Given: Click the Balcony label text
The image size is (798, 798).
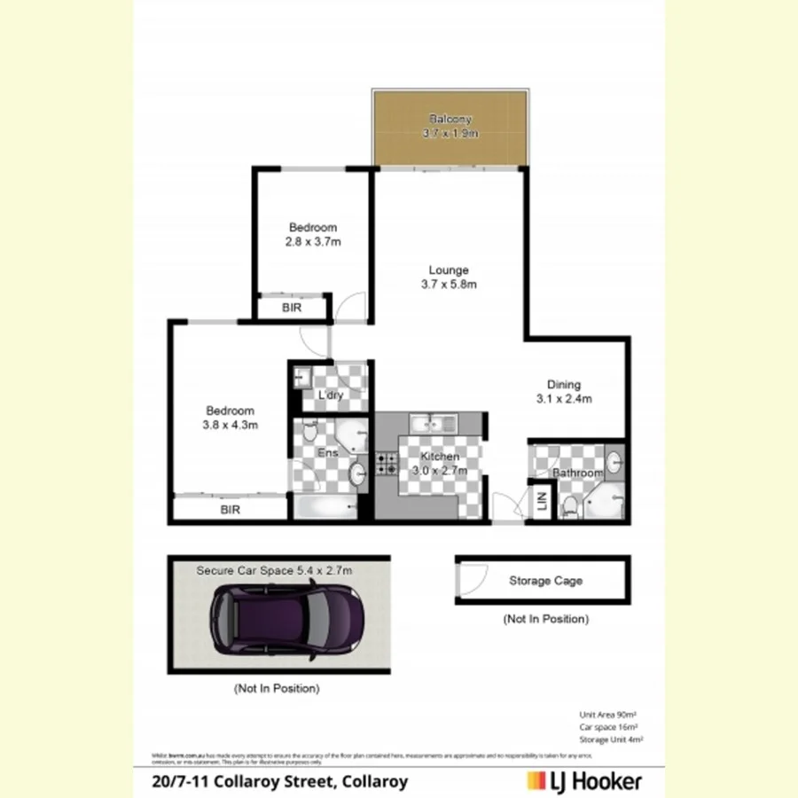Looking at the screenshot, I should tap(450, 119).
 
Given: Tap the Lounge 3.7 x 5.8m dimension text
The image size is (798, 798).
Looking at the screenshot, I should tap(449, 285).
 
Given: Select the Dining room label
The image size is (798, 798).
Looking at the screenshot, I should tap(563, 385).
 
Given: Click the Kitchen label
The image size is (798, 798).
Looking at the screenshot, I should tap(440, 457).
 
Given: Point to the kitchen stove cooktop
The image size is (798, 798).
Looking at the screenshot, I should tap(387, 462).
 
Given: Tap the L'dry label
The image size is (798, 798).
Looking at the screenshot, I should tap(330, 395).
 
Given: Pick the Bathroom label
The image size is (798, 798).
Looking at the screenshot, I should tap(578, 473).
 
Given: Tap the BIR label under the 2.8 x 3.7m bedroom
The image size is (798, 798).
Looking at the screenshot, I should tap(291, 309).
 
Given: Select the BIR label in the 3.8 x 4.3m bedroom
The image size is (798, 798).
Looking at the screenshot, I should tap(230, 510).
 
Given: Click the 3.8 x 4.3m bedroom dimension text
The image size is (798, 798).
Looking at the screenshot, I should tap(230, 425).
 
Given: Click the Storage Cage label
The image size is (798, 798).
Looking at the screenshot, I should tap(545, 581).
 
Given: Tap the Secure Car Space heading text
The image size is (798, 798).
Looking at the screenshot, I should tap(274, 571).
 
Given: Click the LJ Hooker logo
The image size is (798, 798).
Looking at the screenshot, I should tap(583, 781).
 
